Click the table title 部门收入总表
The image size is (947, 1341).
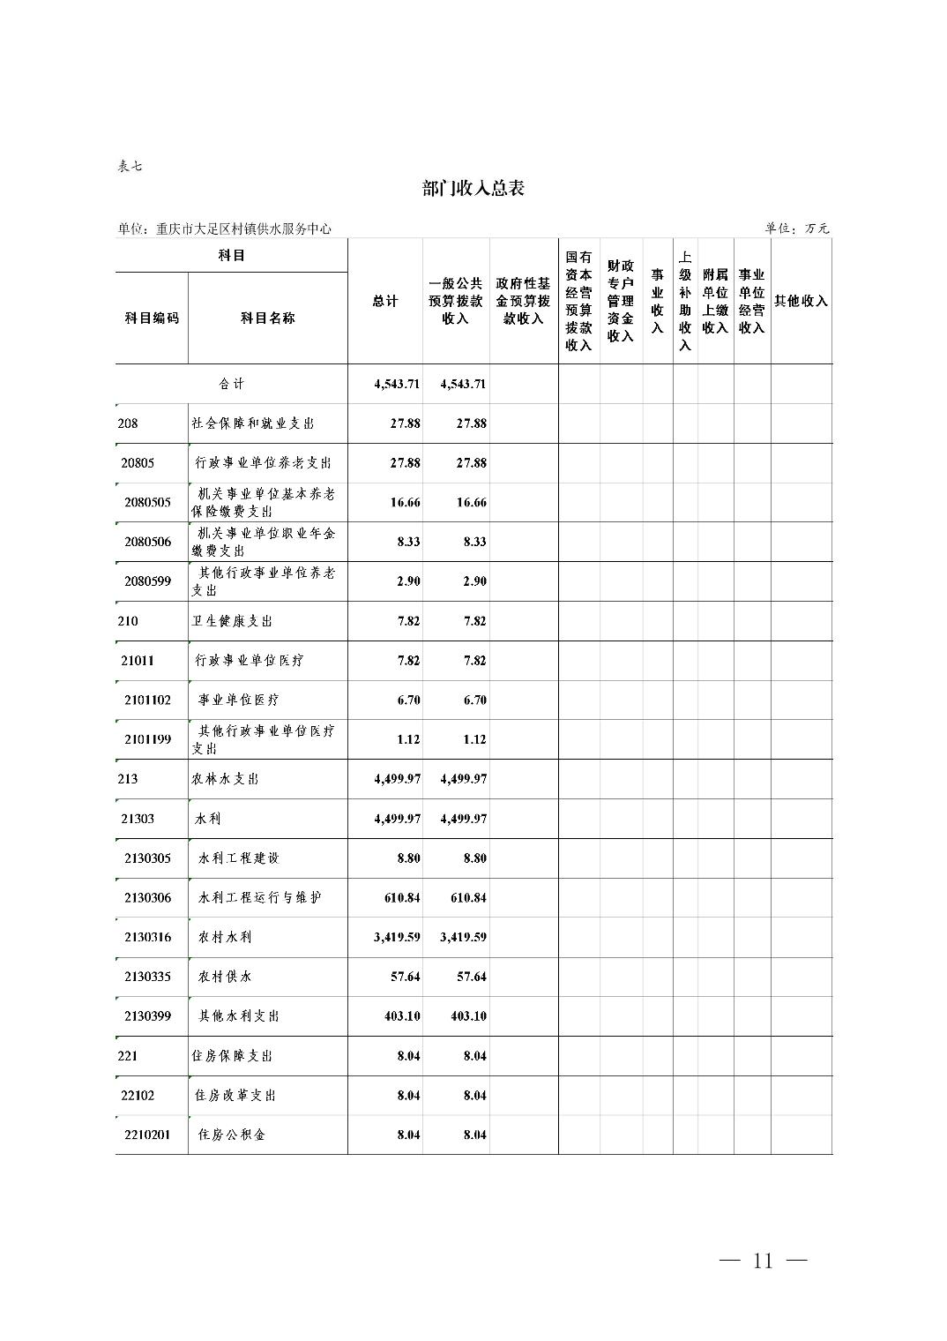click(473, 189)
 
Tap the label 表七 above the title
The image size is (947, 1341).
click(130, 166)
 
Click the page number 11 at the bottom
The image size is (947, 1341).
click(763, 1261)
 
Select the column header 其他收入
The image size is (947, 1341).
click(801, 301)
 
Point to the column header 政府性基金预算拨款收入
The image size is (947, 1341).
click(523, 301)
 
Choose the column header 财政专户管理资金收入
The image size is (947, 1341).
click(620, 301)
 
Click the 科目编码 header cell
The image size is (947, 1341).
click(152, 318)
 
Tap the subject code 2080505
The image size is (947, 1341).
click(148, 502)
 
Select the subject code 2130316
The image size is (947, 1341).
click(148, 937)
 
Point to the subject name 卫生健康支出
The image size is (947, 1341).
click(232, 621)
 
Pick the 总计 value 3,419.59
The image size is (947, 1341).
click(397, 937)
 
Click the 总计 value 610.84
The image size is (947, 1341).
click(402, 897)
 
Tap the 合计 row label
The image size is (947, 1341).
click(231, 384)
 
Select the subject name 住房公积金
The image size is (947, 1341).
click(232, 1135)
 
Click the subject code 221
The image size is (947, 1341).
click(128, 1056)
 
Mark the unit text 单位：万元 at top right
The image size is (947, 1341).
click(797, 228)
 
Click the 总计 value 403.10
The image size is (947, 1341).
click(402, 1016)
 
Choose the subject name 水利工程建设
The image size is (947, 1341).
click(239, 858)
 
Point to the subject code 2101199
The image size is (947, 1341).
click(148, 739)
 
